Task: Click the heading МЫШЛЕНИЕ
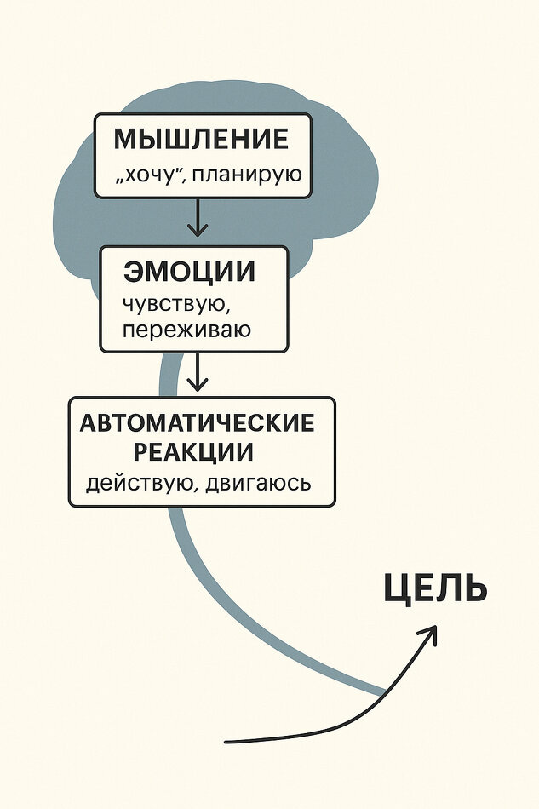pos(201,140)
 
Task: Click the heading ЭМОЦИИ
pos(189,272)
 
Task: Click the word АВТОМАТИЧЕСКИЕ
pos(198,423)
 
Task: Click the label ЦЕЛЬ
pos(434,589)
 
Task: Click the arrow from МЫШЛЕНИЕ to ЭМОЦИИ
pos(198,217)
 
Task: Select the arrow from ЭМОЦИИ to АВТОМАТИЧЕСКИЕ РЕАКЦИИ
pos(198,372)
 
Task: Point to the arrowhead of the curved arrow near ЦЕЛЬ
pos(431,632)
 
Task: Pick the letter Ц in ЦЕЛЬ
pos(397,589)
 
